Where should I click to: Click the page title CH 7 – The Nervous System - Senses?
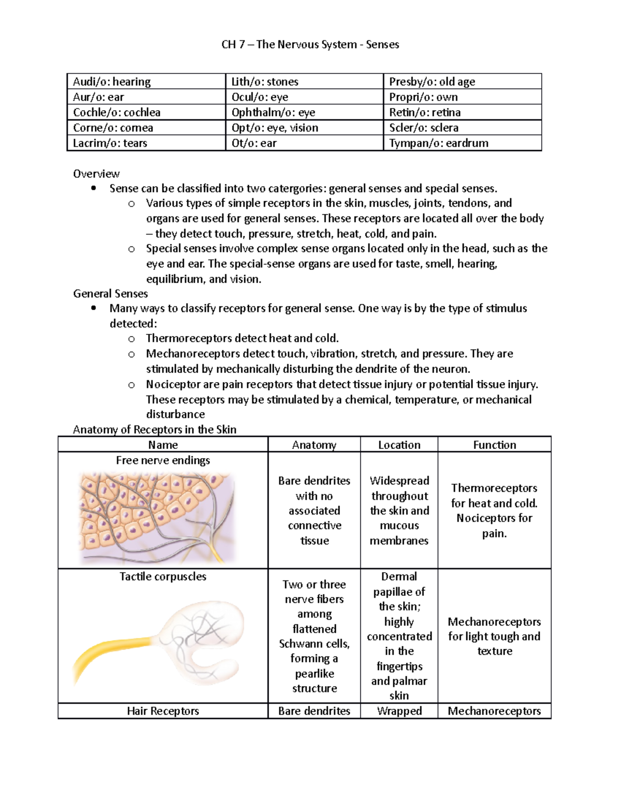[x=310, y=45]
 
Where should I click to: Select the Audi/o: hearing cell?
[x=112, y=82]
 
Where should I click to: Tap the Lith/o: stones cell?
[x=264, y=82]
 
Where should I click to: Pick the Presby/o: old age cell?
[x=432, y=82]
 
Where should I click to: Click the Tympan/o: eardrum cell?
[x=438, y=143]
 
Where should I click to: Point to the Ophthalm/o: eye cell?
[x=273, y=112]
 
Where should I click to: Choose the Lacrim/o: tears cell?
[x=110, y=143]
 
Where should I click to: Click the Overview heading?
[x=96, y=174]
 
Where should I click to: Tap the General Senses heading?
[x=110, y=294]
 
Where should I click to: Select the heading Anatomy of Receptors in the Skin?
[x=154, y=430]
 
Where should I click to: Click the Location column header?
[x=399, y=445]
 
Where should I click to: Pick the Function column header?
[x=494, y=445]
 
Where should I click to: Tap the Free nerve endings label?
[x=162, y=460]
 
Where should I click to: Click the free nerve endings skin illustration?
[x=158, y=518]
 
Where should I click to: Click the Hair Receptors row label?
[x=162, y=711]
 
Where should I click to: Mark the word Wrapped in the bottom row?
[x=399, y=711]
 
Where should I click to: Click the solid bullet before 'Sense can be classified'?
[x=94, y=188]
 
